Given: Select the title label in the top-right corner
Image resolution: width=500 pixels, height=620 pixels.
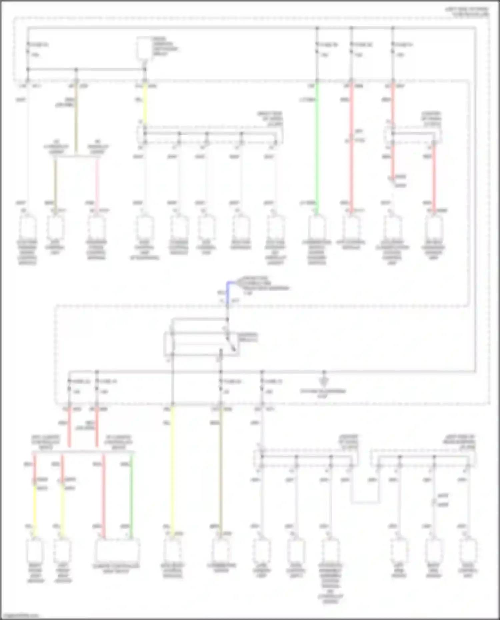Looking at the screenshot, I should click(x=467, y=12).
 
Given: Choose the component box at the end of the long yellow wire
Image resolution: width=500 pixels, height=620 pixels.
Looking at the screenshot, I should click(x=172, y=551).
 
